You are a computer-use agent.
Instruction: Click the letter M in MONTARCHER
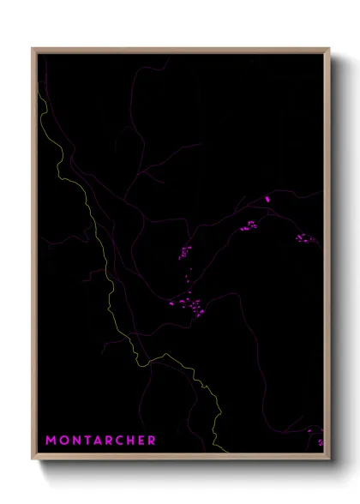pos(51,441)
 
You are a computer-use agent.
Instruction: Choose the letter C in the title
pos(120,441)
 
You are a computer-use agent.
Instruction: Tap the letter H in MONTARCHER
pos(131,441)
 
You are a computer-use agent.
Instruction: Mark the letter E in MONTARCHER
pos(141,441)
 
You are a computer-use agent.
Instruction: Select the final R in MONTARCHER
pos(152,441)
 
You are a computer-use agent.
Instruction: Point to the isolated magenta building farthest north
pos(267,199)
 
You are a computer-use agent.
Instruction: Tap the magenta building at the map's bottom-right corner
pos(320,442)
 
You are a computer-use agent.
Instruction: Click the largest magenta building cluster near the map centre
pos(190,304)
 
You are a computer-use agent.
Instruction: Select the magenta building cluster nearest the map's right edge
pos(301,238)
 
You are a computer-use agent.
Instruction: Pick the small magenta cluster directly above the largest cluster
pos(184,252)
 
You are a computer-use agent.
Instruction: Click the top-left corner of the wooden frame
pos(33,49)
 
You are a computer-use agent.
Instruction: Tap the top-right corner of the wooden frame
pos(329,49)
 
